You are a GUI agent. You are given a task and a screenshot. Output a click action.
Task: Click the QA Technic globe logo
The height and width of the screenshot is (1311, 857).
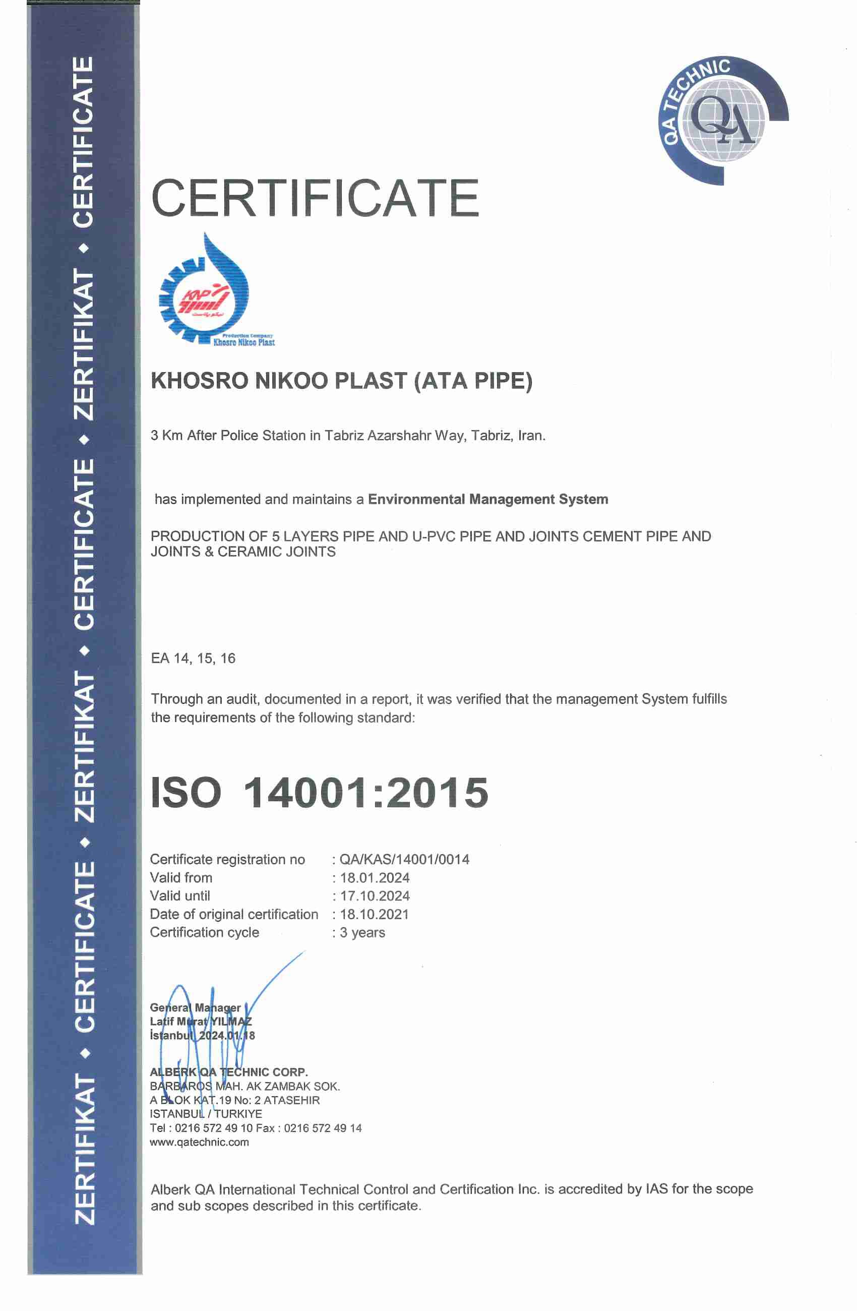722,121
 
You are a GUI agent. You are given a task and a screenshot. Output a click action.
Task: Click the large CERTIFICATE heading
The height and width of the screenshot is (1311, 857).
315,198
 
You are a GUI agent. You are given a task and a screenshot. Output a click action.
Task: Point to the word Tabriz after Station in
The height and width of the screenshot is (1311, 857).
344,436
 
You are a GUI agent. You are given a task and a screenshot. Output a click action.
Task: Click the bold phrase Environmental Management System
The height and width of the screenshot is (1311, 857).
488,499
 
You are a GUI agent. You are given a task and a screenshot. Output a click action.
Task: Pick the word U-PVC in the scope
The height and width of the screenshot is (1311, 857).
434,536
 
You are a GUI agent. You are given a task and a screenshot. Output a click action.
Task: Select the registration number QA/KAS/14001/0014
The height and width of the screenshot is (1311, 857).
404,859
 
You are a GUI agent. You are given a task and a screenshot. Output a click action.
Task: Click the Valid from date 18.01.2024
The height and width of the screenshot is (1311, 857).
375,877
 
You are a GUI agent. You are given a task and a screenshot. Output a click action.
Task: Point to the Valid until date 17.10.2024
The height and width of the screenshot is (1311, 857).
375,896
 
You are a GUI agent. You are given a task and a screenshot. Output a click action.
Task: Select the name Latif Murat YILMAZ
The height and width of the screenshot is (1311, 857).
201,1021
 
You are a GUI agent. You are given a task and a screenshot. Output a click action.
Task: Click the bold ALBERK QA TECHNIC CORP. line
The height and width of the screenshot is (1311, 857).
228,1072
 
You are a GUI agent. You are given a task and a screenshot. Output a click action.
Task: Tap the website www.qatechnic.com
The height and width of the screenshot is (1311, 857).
200,1142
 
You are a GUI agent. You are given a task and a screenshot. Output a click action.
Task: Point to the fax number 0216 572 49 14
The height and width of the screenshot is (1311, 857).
323,1128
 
